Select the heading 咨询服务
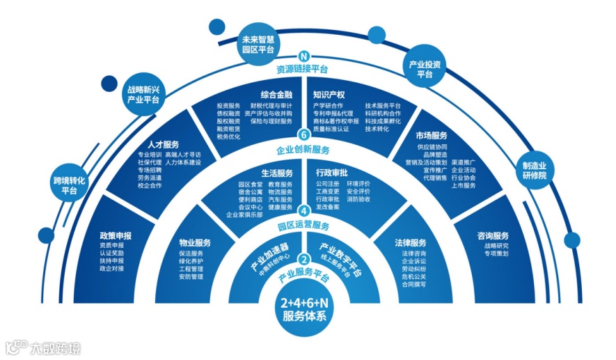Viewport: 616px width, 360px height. click(493, 235)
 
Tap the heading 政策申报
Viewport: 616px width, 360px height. click(116, 235)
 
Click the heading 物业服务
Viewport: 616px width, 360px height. click(196, 244)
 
